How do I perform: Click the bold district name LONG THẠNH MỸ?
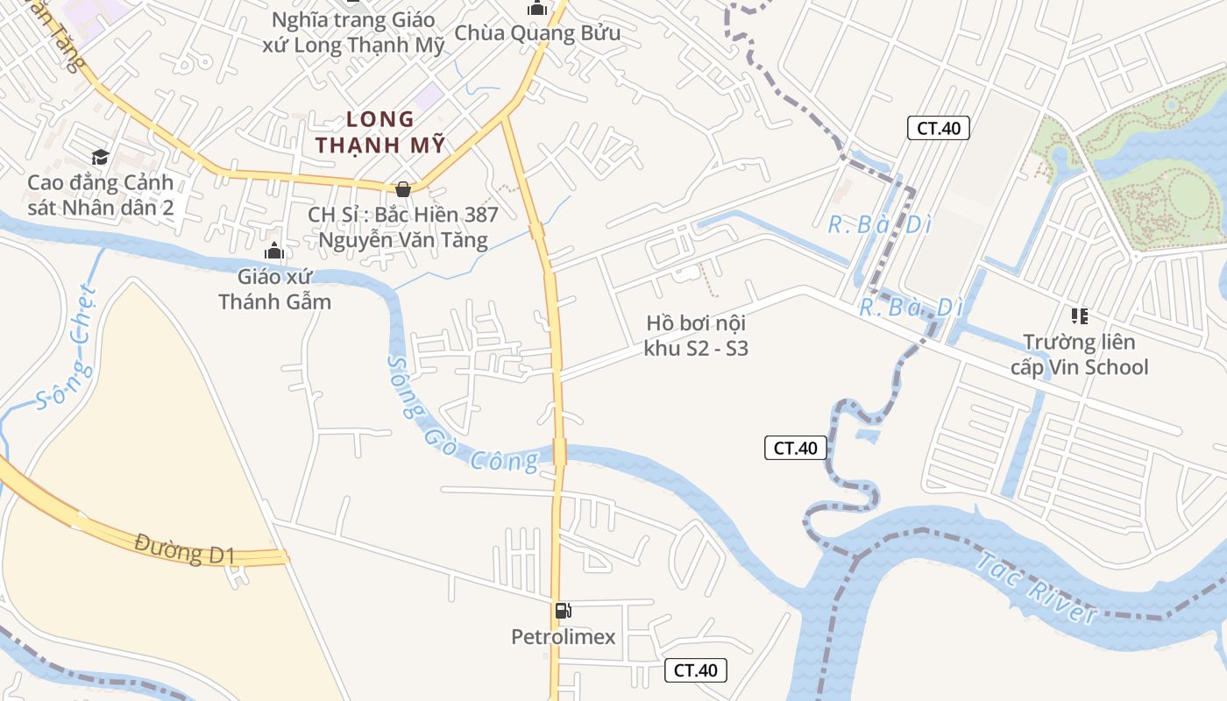(380, 131)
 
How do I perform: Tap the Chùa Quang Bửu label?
(536, 34)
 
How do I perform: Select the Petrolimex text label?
(564, 637)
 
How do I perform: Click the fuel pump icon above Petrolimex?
(563, 611)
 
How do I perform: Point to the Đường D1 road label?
(185, 549)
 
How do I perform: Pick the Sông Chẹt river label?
(67, 349)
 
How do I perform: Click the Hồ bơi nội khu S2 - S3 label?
(696, 336)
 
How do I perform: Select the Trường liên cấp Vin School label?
(1079, 354)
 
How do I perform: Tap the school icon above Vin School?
(1079, 315)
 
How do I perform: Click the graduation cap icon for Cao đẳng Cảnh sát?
(100, 157)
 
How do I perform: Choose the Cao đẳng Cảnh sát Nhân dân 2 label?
(100, 195)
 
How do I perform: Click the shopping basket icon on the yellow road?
(403, 188)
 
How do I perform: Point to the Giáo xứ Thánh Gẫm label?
(275, 289)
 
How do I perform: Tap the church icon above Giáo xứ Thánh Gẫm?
(274, 252)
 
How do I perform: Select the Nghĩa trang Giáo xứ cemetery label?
(353, 32)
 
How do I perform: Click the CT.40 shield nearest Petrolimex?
(696, 670)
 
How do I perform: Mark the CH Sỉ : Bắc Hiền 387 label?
(403, 227)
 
